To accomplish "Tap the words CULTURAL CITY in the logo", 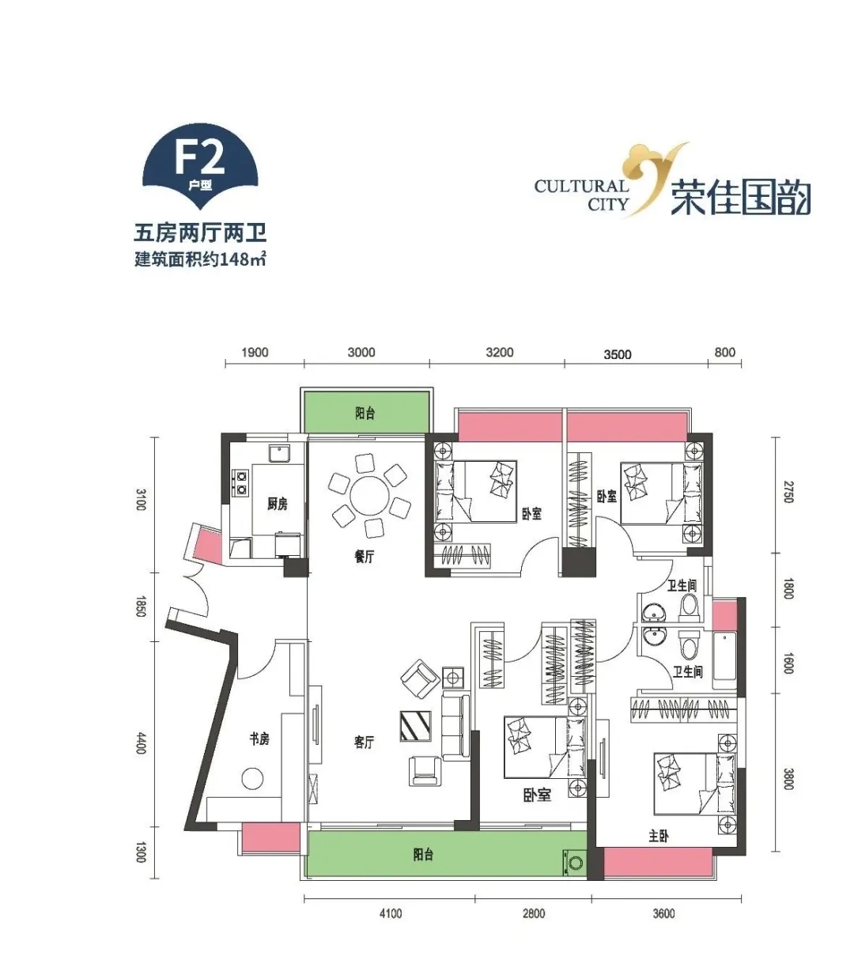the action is (x=581, y=195).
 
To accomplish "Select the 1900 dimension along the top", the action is (x=255, y=353).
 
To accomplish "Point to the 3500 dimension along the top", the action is (x=617, y=354).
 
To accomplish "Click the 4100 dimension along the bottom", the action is (x=391, y=913).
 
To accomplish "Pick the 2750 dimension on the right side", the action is (x=788, y=493).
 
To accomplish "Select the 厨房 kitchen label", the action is (x=277, y=503).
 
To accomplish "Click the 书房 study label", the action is (x=259, y=739).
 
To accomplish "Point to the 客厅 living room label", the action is (x=364, y=742).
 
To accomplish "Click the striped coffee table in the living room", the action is (x=416, y=726).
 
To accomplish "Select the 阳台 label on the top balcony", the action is (x=365, y=413).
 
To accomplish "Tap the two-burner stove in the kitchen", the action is (x=240, y=482).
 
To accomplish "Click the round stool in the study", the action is (x=252, y=779).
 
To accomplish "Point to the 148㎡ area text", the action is (x=242, y=259).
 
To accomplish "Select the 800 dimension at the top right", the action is (x=725, y=352).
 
